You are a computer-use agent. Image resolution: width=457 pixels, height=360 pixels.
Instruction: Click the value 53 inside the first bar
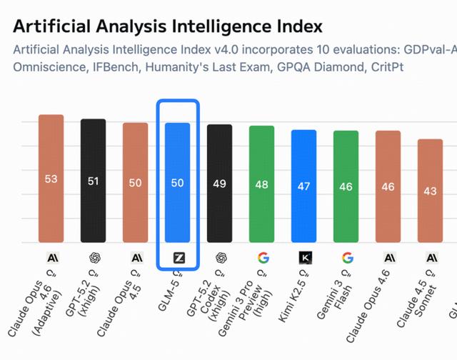coord(51,179)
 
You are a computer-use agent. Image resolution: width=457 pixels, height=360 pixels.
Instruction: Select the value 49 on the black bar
coord(220,184)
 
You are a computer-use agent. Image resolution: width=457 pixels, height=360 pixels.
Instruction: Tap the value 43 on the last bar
coord(431,191)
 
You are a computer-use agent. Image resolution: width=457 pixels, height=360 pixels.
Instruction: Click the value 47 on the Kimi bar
coord(304,186)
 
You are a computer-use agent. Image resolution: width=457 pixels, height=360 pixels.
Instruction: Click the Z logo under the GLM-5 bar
coord(178,257)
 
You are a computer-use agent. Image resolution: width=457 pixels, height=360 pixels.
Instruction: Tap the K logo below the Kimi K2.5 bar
coord(304,257)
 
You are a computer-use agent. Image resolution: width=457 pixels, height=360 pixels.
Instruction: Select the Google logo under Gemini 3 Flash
coord(347,257)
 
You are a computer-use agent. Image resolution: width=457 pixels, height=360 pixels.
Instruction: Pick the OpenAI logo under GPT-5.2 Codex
coord(220,257)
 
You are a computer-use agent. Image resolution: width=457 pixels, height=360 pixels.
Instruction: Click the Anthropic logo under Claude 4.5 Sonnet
coord(431,257)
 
